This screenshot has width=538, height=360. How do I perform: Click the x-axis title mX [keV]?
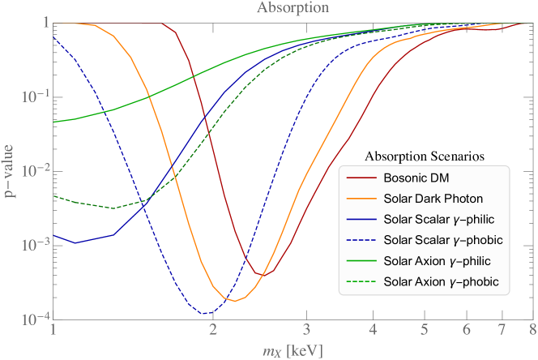292,350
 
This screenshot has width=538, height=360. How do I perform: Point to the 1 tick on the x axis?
53,331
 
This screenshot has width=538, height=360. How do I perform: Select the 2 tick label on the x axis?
212,331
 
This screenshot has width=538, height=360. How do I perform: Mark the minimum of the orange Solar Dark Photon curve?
234,301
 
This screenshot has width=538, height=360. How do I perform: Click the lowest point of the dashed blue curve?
205,312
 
